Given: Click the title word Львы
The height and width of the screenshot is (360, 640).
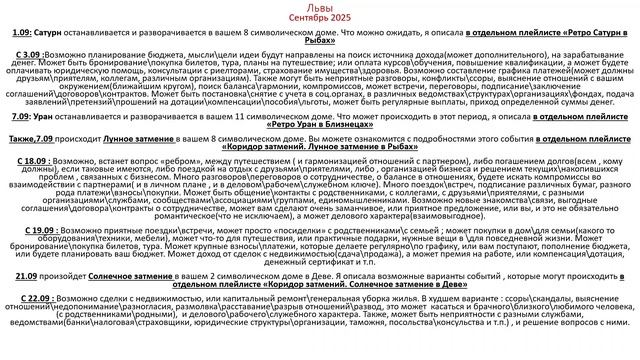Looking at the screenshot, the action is [320, 6].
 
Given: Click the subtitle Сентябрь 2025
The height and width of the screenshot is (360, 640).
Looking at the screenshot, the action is [320, 18].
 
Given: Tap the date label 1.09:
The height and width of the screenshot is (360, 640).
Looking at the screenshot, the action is [22, 33].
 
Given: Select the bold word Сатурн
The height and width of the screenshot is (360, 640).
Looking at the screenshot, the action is [51, 33].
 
